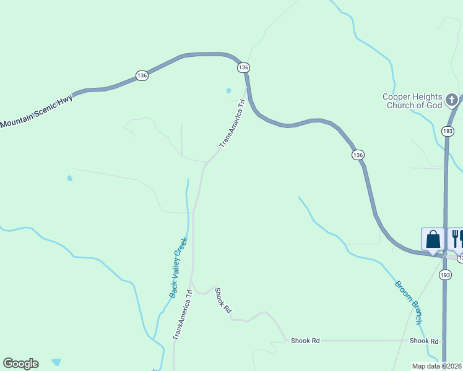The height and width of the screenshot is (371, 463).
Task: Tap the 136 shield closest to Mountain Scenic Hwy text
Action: (142, 75)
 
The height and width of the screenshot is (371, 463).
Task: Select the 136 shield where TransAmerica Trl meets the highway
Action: (243, 67)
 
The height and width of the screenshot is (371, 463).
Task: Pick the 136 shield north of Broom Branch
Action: (357, 155)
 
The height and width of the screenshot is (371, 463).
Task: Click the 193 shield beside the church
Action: (448, 131)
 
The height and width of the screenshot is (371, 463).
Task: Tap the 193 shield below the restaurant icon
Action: (445, 274)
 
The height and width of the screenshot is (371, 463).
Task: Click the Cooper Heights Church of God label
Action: (412, 101)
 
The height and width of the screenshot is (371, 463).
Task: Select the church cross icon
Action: (452, 99)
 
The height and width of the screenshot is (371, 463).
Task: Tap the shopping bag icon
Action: (433, 239)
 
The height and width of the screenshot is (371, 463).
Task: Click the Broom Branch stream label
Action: (409, 303)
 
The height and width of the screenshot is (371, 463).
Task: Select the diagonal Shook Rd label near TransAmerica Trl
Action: (223, 301)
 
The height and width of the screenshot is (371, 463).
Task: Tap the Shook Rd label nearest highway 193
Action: (424, 341)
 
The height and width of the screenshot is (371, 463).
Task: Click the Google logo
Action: (20, 364)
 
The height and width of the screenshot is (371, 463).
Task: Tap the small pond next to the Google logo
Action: (56, 362)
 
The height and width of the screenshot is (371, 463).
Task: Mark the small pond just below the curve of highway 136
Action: (228, 91)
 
